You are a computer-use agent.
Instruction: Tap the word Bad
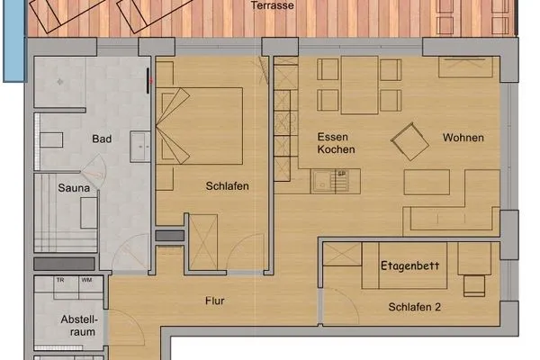(x=101, y=139)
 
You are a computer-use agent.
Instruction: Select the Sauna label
(x=73, y=188)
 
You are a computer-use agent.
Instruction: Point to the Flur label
(x=214, y=301)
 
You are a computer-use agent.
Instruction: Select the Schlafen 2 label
(x=414, y=307)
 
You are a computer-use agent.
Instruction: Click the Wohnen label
(x=463, y=138)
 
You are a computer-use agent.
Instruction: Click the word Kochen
(x=336, y=149)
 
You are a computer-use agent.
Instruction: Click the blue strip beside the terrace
(x=12, y=40)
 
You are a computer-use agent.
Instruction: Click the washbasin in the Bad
(x=140, y=145)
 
